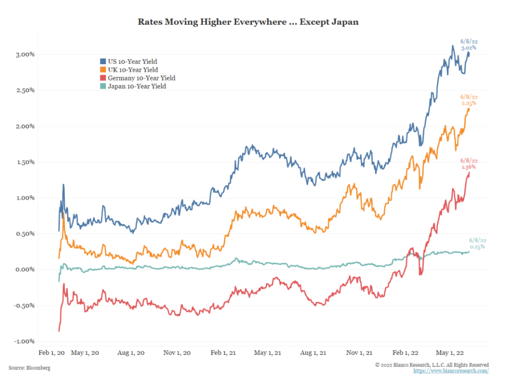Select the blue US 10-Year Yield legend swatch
point(103,62)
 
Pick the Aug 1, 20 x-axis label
point(131,353)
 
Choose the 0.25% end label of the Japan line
point(477,246)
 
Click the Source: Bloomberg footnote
point(30,368)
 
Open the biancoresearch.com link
point(451,371)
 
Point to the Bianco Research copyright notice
point(432,365)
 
